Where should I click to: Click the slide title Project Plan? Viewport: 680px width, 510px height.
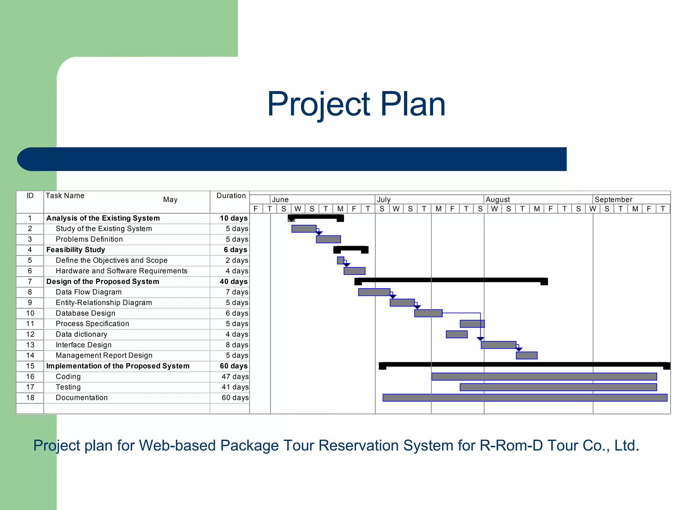pos(356,104)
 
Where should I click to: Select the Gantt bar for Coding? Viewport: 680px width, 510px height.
pos(544,377)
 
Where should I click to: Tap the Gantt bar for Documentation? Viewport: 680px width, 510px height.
pos(525,398)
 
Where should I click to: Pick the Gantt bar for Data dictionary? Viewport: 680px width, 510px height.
pos(457,334)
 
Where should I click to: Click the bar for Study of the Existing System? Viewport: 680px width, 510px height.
pos(304,229)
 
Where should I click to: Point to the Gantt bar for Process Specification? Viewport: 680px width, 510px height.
pos(472,324)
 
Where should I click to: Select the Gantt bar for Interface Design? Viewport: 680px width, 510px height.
pos(498,345)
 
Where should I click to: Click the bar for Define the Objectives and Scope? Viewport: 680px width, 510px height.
pos(340,260)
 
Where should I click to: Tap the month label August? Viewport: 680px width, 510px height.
pos(497,200)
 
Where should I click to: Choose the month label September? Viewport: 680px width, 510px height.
pos(613,200)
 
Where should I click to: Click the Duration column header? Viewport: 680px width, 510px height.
pos(231,196)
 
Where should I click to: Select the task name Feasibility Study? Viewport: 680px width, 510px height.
pos(76,250)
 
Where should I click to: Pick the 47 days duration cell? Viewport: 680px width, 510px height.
pos(235,377)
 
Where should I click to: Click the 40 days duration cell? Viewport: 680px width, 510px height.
pos(233,282)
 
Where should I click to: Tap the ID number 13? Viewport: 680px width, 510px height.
pos(30,345)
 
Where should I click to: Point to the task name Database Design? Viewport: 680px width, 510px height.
pos(85,313)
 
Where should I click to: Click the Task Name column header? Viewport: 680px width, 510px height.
pos(65,196)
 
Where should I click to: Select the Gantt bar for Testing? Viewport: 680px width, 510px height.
pos(558,387)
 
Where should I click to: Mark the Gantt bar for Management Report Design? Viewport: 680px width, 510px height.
pos(526,356)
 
